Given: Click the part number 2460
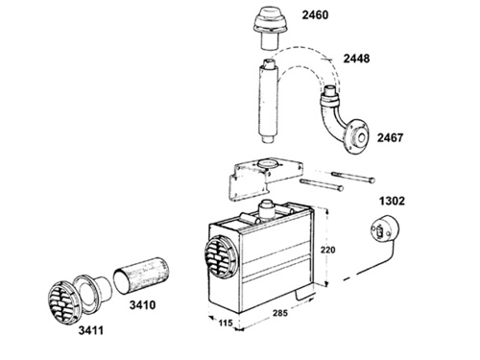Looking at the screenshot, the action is tap(315, 15).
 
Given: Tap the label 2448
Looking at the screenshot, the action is tap(356, 59).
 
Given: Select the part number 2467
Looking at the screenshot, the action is tap(390, 138).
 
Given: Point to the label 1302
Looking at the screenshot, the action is tap(392, 201).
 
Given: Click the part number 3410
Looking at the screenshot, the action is tap(142, 305).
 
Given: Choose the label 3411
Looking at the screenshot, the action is tap(91, 330).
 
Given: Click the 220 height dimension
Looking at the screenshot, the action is tap(327, 250).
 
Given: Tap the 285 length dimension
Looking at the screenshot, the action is tap(280, 313).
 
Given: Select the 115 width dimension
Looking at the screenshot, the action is tap(226, 323).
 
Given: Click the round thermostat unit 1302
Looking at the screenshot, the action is tap(384, 229).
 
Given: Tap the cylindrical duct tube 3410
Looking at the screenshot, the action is tap(141, 276).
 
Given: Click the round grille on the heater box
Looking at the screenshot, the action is tap(221, 256).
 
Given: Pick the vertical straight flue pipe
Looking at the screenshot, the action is tap(268, 102).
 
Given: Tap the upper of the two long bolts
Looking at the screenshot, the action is tap(353, 177).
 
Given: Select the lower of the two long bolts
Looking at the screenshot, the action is tap(322, 185).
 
